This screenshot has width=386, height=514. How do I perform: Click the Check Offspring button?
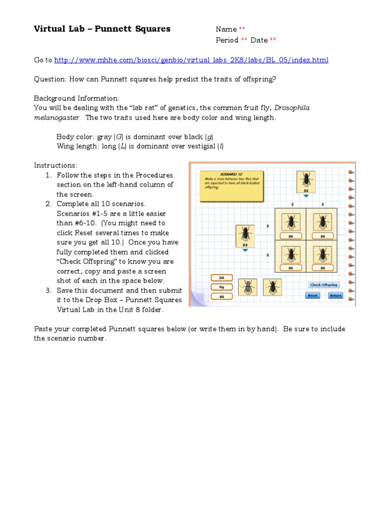pyautogui.click(x=324, y=285)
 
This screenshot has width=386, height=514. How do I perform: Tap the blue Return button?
pyautogui.click(x=335, y=296)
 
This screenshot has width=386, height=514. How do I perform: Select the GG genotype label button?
pyautogui.click(x=221, y=278)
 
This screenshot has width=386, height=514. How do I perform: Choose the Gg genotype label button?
pyautogui.click(x=221, y=287)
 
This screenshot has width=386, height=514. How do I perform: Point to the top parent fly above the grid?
pyautogui.click(x=305, y=181)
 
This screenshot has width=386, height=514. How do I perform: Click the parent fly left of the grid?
pyautogui.click(x=245, y=234)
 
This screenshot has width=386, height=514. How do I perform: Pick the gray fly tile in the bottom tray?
pyautogui.click(x=248, y=288)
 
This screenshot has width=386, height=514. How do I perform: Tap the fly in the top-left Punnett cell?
pyautogui.click(x=290, y=221)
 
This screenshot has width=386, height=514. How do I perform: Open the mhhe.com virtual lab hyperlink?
pyautogui.click(x=191, y=60)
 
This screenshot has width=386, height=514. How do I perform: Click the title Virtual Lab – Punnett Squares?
pyautogui.click(x=102, y=29)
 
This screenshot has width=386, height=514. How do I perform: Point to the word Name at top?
pyautogui.click(x=226, y=30)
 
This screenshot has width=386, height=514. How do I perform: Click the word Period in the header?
pyautogui.click(x=227, y=40)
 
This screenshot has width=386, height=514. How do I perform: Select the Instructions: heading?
pyautogui.click(x=56, y=166)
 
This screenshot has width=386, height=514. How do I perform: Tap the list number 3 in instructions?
pyautogui.click(x=48, y=291)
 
